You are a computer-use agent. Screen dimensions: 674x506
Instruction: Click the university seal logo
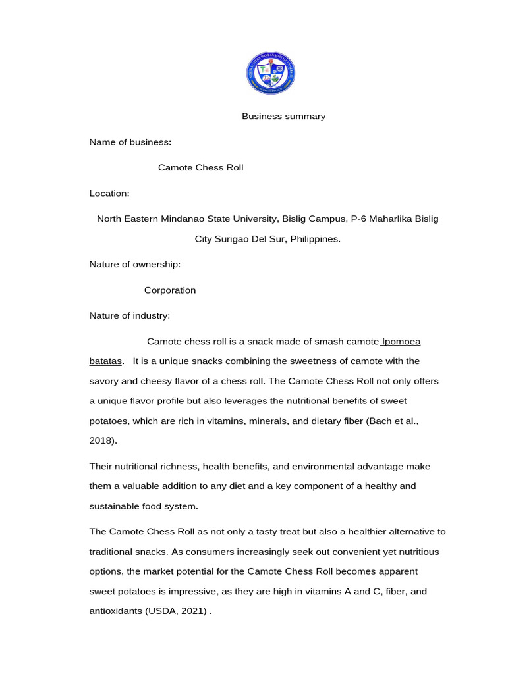pyautogui.click(x=271, y=73)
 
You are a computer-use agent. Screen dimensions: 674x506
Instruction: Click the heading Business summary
pyautogui.click(x=283, y=117)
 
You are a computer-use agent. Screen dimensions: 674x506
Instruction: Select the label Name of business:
pyautogui.click(x=130, y=142)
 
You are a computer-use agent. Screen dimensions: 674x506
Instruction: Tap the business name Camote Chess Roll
pyautogui.click(x=200, y=168)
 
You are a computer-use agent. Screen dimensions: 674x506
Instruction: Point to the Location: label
pyautogui.click(x=109, y=194)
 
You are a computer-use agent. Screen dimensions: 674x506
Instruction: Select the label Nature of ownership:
pyautogui.click(x=135, y=265)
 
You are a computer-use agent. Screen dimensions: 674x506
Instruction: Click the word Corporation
pyautogui.click(x=170, y=290)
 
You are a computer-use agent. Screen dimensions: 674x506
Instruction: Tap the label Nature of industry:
pyautogui.click(x=130, y=316)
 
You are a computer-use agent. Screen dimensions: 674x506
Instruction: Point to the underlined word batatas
pyautogui.click(x=105, y=361)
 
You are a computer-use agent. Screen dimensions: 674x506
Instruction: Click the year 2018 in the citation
pyautogui.click(x=101, y=440)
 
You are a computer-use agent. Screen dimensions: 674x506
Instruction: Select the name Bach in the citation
pyautogui.click(x=380, y=421)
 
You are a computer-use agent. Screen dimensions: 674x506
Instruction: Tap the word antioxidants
pyautogui.click(x=115, y=611)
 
